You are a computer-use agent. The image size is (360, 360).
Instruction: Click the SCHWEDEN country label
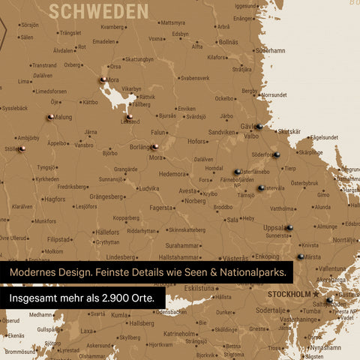tap(98, 10)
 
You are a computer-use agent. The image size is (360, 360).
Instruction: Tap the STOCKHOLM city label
tap(289, 294)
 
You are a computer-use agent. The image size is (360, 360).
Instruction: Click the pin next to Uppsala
tap(289, 227)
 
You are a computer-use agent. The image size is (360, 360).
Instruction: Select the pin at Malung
tap(49, 117)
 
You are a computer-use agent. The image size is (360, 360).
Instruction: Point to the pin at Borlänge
tap(154, 147)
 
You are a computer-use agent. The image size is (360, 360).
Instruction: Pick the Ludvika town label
tap(148, 188)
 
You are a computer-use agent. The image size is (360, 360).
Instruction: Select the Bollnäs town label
tap(228, 42)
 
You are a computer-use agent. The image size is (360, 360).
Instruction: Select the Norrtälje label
tap(345, 240)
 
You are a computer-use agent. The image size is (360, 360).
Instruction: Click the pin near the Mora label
tap(101, 79)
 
